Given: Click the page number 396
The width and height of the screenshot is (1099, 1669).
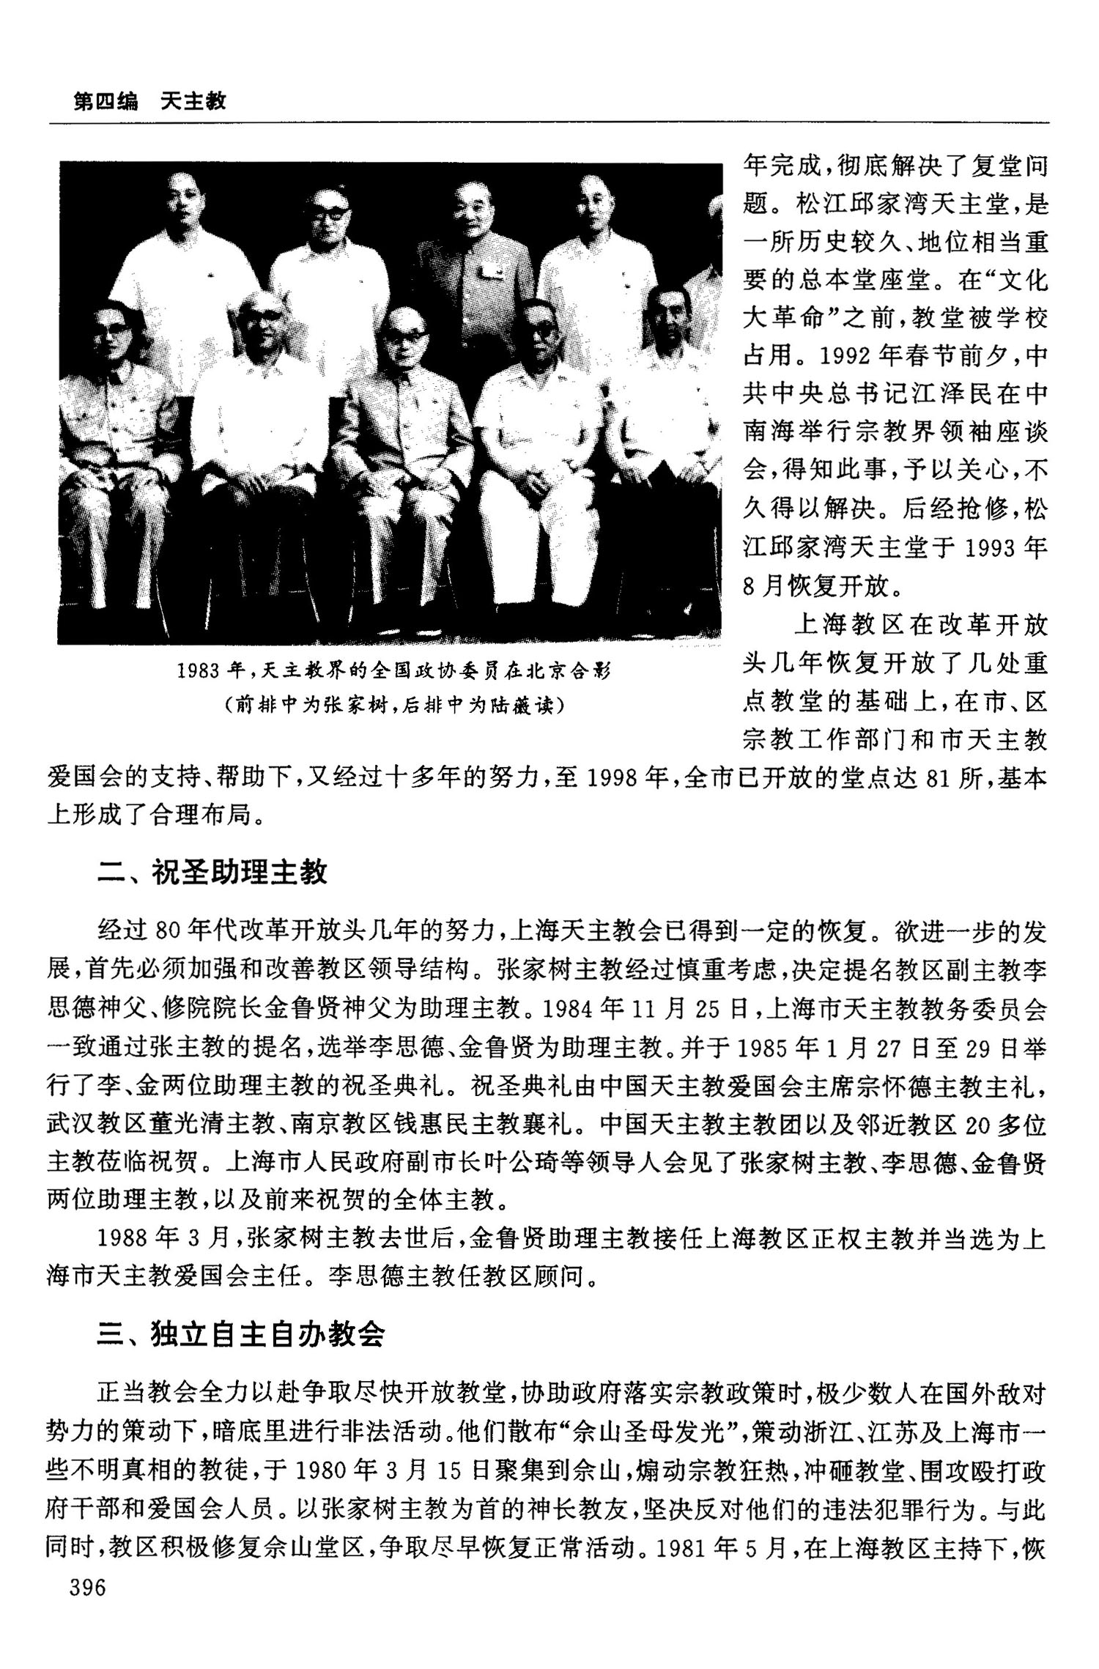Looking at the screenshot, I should pos(87,1587).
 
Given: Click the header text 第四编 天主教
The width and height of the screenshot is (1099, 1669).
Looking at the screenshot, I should pos(149,101).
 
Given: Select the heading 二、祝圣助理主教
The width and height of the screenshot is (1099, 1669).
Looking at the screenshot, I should pos(212,871).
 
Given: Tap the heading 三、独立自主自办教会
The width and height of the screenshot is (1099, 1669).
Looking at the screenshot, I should pos(241,1333).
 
